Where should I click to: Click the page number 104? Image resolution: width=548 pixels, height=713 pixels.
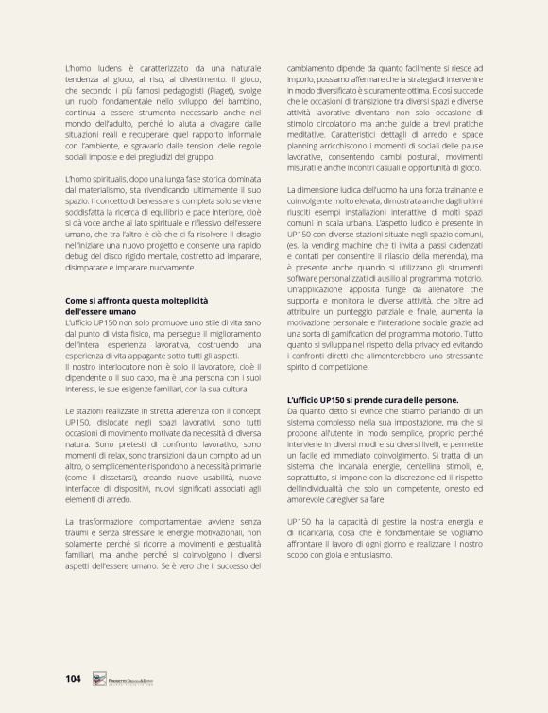pyautogui.click(x=74, y=678)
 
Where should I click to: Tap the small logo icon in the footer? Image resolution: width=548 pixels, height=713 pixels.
pyautogui.click(x=98, y=678)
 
